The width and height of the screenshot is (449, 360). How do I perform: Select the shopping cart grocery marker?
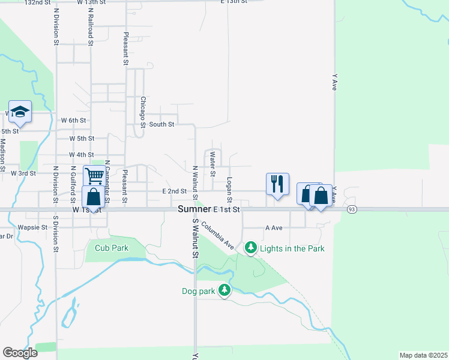(94, 176)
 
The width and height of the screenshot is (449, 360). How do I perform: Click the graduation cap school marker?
(19, 111)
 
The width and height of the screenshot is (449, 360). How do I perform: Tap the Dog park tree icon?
(224, 290)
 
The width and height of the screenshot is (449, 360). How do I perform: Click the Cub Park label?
(112, 248)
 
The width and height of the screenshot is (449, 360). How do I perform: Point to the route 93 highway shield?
(352, 209)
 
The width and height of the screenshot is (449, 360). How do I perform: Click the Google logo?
(20, 352)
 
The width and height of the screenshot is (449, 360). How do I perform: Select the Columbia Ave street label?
(217, 235)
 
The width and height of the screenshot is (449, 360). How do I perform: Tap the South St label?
(161, 124)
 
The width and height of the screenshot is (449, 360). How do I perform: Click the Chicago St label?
(143, 112)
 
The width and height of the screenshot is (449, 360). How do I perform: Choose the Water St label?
(212, 164)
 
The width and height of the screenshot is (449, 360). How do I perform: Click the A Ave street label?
(274, 228)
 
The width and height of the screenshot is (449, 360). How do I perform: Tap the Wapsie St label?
(32, 228)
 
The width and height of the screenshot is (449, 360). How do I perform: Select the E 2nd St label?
(175, 191)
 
